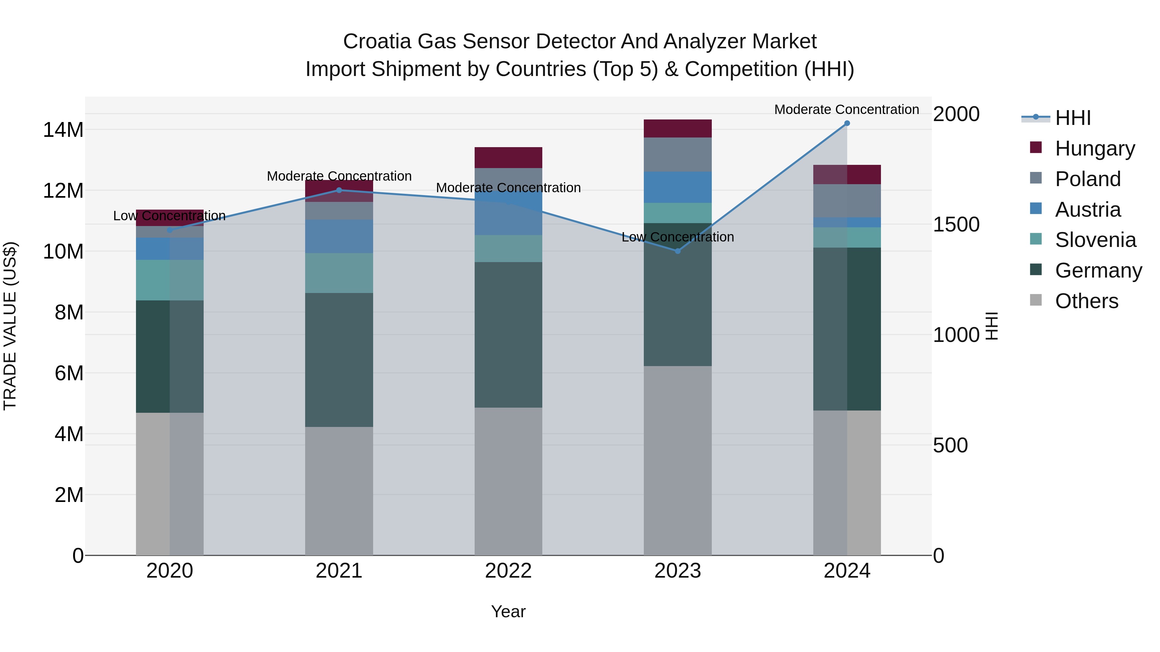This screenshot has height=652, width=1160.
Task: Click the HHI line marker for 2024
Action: tap(846, 123)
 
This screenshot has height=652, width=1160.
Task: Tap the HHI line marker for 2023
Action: tap(677, 251)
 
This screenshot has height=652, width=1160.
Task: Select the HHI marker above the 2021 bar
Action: tap(339, 190)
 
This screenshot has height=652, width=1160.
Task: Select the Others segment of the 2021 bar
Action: tap(339, 490)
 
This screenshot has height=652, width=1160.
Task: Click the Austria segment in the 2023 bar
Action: tap(677, 187)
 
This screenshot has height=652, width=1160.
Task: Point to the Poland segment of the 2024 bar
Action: tap(846, 201)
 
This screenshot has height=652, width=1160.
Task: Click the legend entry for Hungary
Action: tap(1094, 148)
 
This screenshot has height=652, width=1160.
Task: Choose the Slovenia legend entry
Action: tap(1095, 240)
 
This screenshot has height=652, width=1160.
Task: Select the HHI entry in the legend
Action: tap(1073, 118)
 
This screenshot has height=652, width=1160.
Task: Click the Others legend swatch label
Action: tap(1086, 301)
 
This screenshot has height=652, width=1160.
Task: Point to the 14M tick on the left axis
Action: tap(63, 130)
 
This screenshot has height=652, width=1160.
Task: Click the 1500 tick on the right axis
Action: tap(956, 224)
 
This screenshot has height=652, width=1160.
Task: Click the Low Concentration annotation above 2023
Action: tap(677, 237)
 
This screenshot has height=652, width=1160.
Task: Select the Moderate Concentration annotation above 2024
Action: tap(846, 110)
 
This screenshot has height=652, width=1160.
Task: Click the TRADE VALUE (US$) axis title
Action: tap(10, 326)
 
